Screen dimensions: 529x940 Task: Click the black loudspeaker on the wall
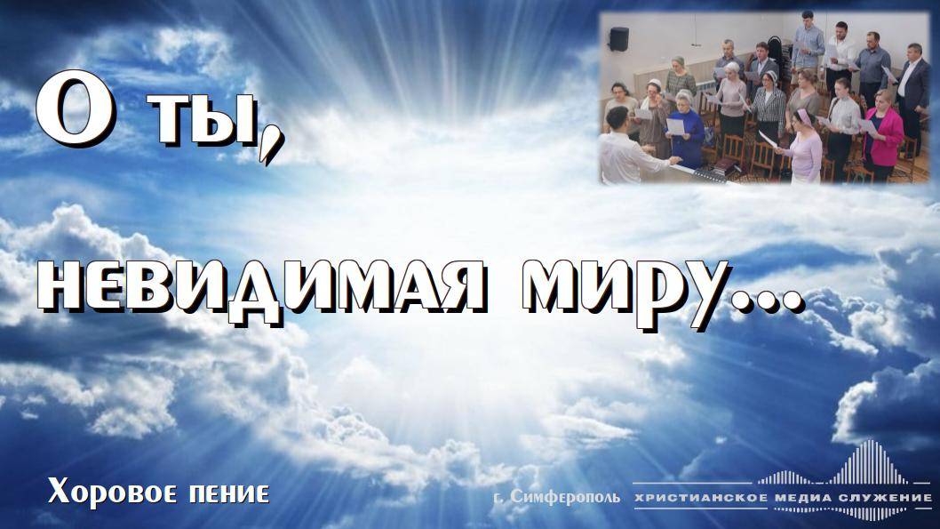618,39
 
